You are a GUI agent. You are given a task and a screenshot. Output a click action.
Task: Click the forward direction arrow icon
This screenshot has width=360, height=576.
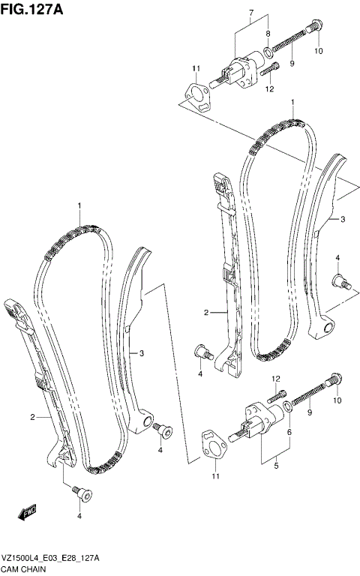27,513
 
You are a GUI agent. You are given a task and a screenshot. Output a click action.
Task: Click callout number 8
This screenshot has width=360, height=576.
268,34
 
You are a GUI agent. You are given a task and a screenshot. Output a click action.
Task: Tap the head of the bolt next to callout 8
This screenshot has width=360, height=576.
316,26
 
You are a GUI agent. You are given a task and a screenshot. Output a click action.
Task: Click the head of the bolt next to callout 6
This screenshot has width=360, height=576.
334,379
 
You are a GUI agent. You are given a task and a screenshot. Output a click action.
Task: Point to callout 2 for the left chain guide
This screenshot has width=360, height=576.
33,416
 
